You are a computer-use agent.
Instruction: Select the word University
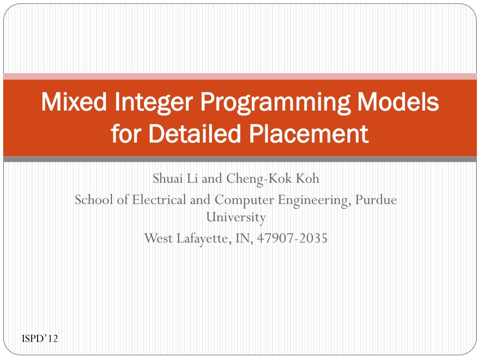pyautogui.click(x=236, y=217)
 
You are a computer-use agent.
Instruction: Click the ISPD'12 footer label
pyautogui.click(x=40, y=338)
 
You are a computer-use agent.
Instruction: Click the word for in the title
pyautogui.click(x=127, y=135)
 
